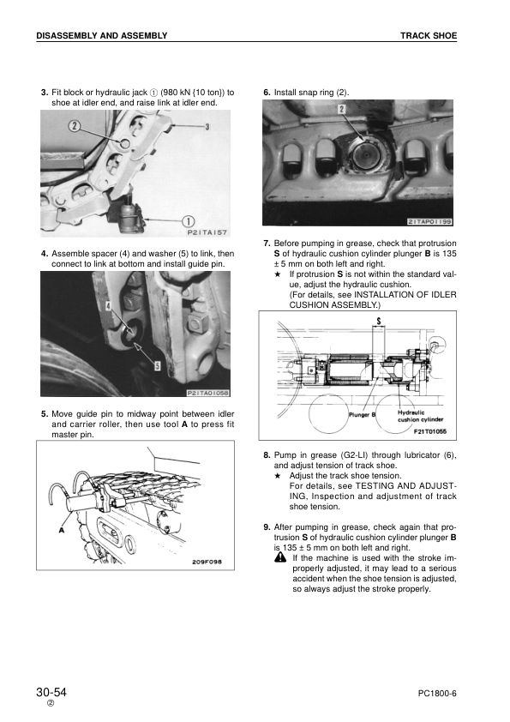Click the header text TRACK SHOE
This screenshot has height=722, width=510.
click(428, 35)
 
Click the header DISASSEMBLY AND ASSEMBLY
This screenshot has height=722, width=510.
click(102, 35)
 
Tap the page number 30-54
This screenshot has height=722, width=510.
click(51, 692)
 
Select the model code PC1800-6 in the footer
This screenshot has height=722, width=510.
click(437, 694)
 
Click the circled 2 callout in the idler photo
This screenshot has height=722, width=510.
click(75, 125)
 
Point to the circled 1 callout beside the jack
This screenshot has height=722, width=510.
click(189, 221)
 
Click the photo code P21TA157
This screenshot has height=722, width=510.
click(207, 232)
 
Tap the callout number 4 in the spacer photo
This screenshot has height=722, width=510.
click(109, 305)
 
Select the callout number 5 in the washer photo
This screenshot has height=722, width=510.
click(157, 366)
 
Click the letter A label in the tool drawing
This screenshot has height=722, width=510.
click(61, 531)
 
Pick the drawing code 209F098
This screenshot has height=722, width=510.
click(207, 562)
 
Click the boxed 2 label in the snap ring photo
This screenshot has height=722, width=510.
click(341, 109)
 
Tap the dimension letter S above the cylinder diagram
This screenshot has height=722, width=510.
click(379, 320)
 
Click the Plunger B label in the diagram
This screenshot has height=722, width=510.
click(363, 414)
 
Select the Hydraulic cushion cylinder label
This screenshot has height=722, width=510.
click(420, 416)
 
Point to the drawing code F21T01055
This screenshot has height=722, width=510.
click(429, 431)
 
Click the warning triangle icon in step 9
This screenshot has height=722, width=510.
click(280, 557)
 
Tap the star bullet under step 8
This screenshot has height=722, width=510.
click(278, 476)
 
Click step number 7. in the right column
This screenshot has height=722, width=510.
click(267, 244)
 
